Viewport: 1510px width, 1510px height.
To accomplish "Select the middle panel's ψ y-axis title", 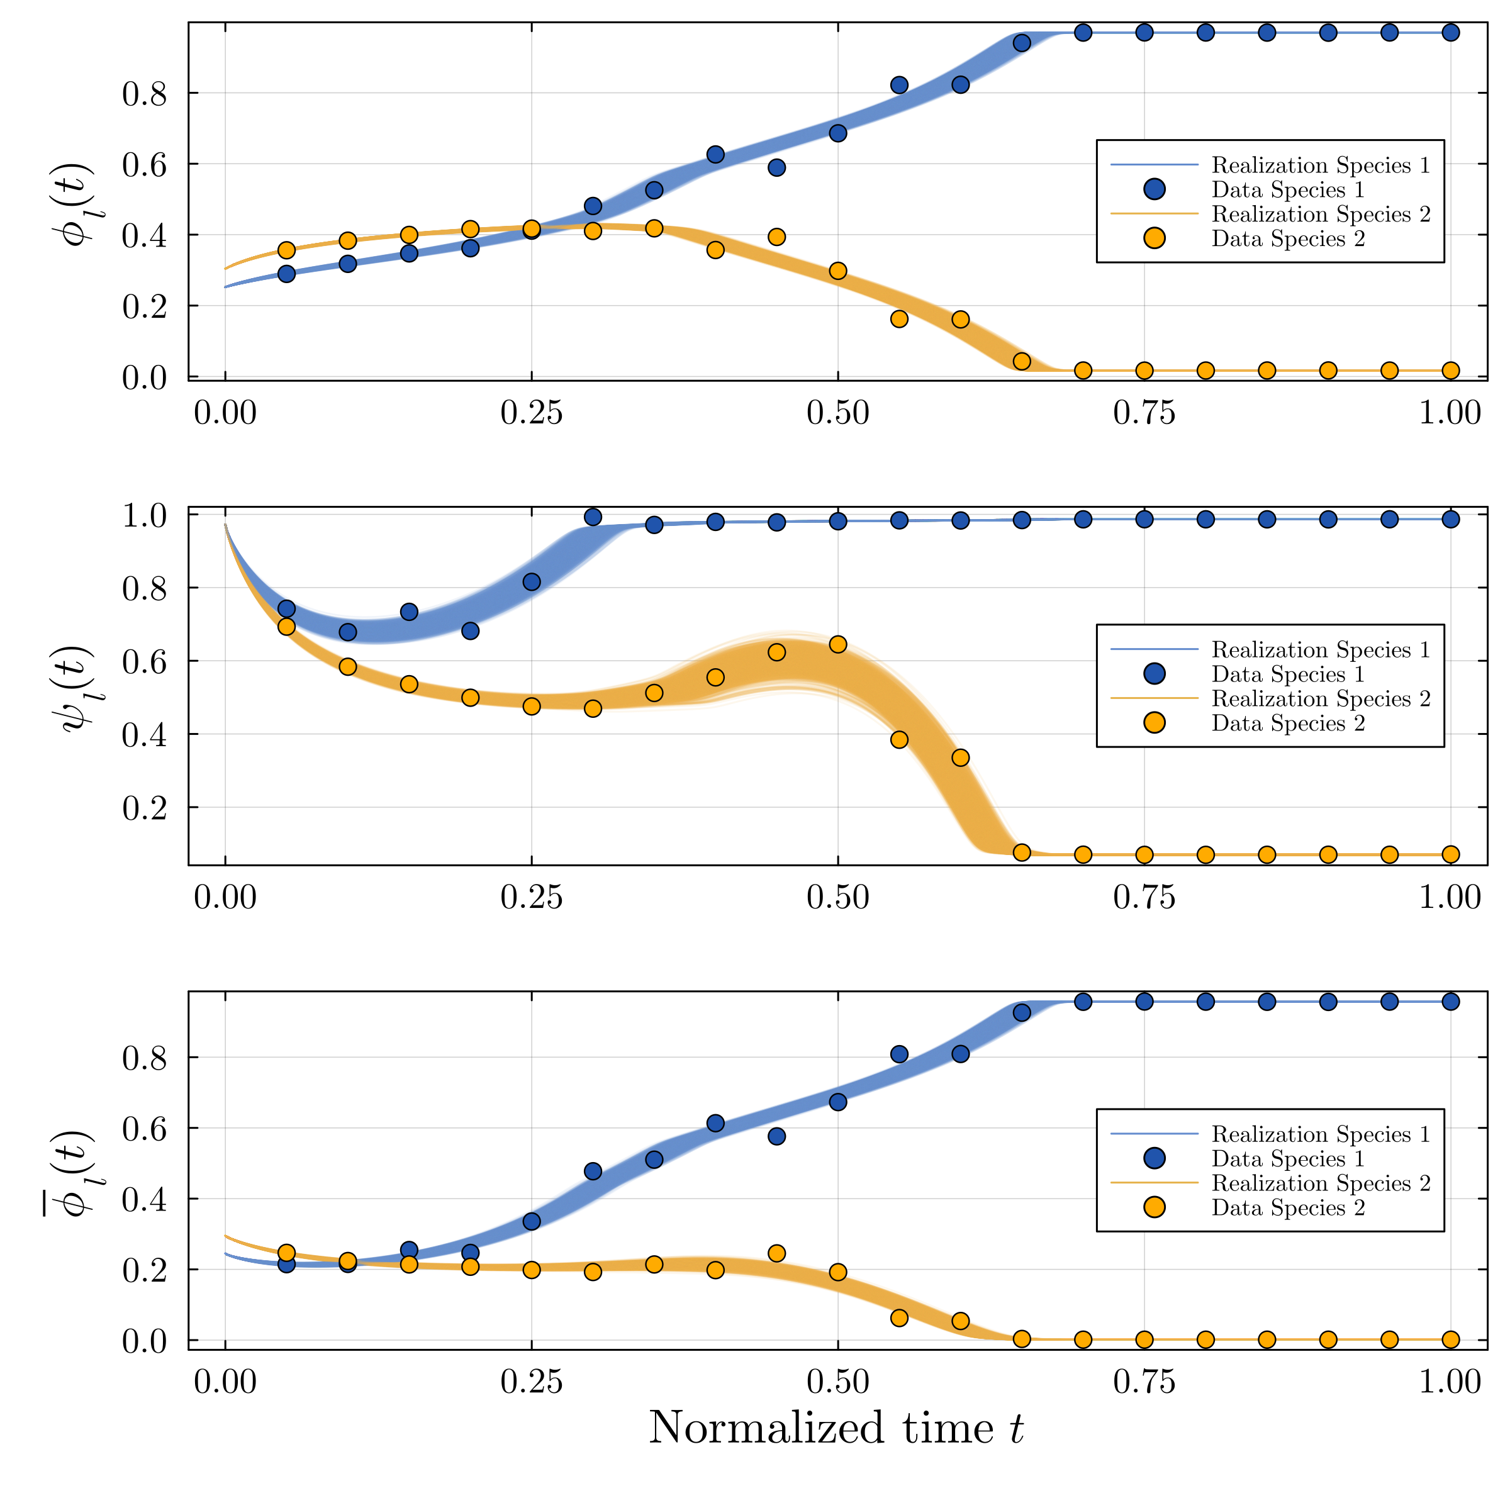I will click(77, 687).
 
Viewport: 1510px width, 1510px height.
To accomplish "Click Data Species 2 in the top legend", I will click(1287, 238).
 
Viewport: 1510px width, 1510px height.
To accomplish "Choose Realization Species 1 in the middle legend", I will click(1320, 649).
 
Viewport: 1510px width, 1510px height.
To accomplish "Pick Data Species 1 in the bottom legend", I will click(1287, 1158).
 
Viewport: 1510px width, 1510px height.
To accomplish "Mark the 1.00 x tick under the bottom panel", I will click(1450, 1382).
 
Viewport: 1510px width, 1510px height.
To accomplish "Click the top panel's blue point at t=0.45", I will click(776, 167).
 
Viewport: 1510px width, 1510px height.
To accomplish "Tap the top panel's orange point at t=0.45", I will click(776, 237).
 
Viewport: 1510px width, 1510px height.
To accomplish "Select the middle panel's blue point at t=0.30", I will click(593, 517).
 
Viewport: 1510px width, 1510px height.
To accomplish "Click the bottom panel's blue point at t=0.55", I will click(899, 1054).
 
